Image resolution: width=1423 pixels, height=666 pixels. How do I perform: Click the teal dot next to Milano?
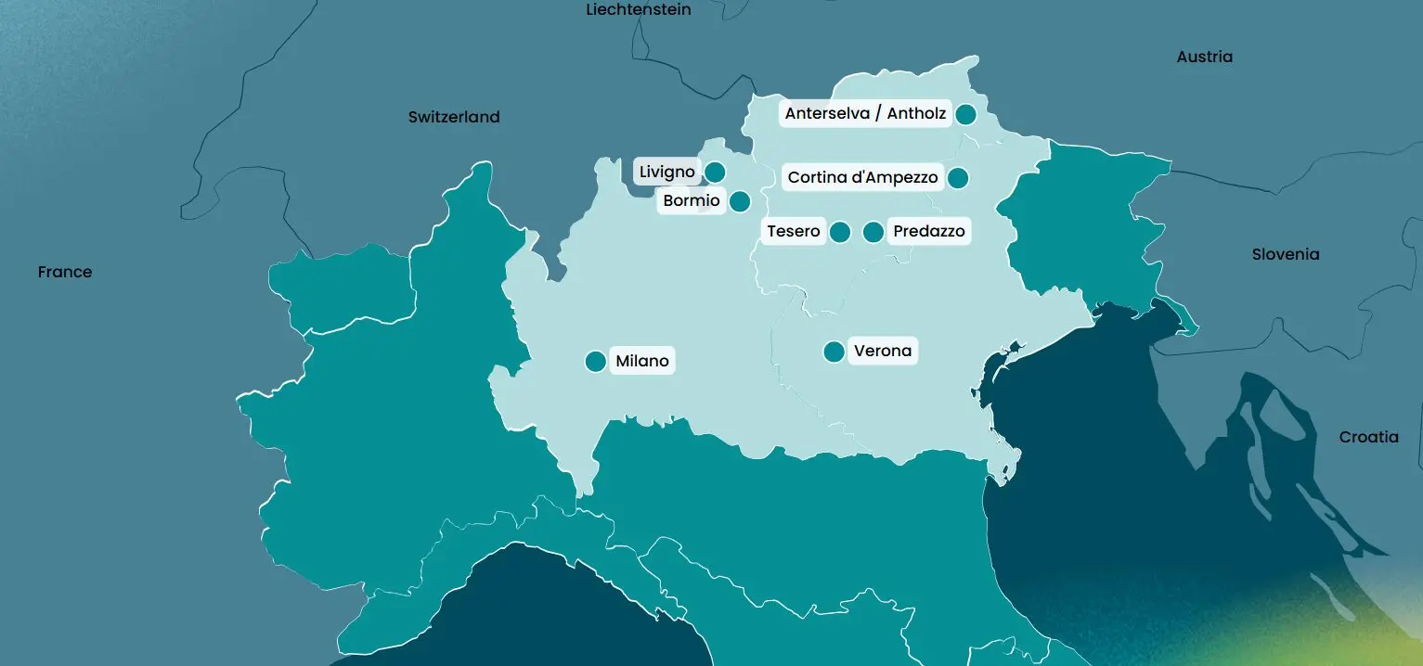coord(596,361)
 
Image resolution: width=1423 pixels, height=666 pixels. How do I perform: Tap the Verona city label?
coord(882,352)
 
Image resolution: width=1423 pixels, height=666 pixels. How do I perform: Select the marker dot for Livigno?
coord(715,172)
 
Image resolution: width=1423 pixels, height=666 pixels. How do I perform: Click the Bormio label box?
coord(692,201)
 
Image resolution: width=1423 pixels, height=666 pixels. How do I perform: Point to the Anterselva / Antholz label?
coord(865,114)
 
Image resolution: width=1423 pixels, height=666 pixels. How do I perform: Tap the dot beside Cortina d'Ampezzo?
coord(958,177)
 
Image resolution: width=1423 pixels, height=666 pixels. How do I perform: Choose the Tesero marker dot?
coord(840,232)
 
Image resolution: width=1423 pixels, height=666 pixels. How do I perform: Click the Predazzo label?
coord(929,231)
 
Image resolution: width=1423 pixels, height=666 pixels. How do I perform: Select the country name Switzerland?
coord(454,117)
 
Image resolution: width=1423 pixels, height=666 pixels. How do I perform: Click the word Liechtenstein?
coord(639,9)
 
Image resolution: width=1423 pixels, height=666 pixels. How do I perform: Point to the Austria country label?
coord(1204,57)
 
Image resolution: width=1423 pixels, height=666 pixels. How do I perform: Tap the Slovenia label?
coord(1285,254)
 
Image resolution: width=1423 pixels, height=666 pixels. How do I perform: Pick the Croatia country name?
coord(1368,437)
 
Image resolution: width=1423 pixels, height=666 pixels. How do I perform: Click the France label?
coord(65,272)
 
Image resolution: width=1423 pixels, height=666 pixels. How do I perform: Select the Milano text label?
coord(642,361)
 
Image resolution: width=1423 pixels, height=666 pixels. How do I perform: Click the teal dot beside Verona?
coord(834,352)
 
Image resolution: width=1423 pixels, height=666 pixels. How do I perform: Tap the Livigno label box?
coord(666,172)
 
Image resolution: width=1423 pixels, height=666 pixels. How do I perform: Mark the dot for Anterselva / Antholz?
coord(965,114)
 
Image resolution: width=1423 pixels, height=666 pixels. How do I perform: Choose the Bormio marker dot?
coord(740,201)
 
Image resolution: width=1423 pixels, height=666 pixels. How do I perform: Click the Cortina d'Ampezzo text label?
coord(862,177)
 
